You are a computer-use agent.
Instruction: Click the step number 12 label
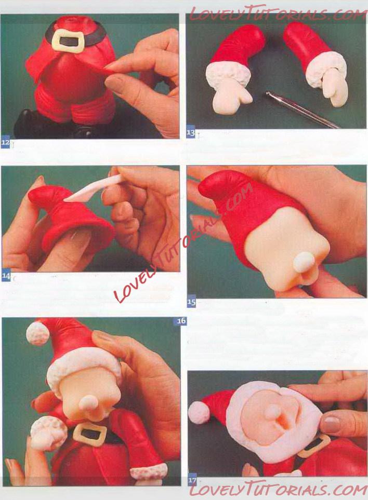(x=5, y=143)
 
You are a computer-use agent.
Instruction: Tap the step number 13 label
(x=191, y=133)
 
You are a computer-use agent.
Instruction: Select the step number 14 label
(x=6, y=276)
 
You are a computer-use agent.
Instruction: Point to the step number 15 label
(x=191, y=302)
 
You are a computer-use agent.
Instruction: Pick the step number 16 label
(x=181, y=321)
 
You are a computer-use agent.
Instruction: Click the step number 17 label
(x=192, y=480)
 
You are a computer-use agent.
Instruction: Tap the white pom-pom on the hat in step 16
(x=38, y=333)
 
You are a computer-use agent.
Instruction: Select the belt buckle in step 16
(x=90, y=432)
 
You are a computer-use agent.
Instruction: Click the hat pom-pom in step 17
(x=199, y=412)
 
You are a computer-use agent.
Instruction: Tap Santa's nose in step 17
(x=272, y=412)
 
